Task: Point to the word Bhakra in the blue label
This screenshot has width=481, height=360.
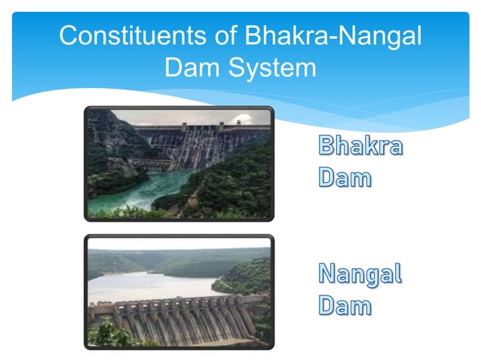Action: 359,148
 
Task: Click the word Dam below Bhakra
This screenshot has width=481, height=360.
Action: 344,178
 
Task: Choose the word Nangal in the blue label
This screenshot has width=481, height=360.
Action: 359,275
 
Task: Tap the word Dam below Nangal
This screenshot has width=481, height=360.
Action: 344,306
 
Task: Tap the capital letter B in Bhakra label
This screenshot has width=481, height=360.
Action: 326,148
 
